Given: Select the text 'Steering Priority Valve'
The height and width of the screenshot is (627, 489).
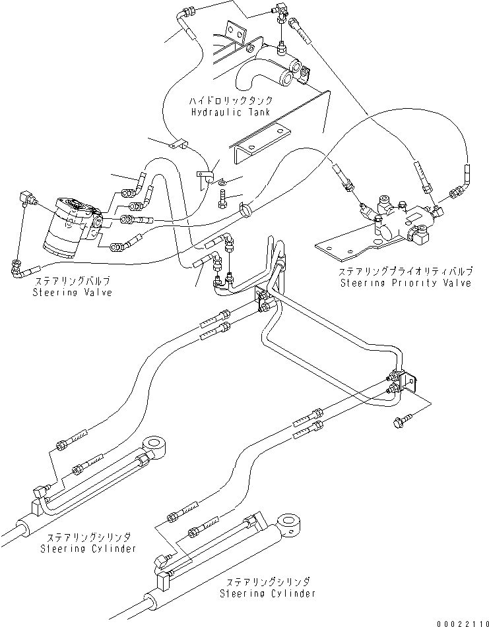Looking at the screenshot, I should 406,283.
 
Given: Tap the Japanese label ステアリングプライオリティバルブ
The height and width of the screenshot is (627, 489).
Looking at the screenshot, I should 405,272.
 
